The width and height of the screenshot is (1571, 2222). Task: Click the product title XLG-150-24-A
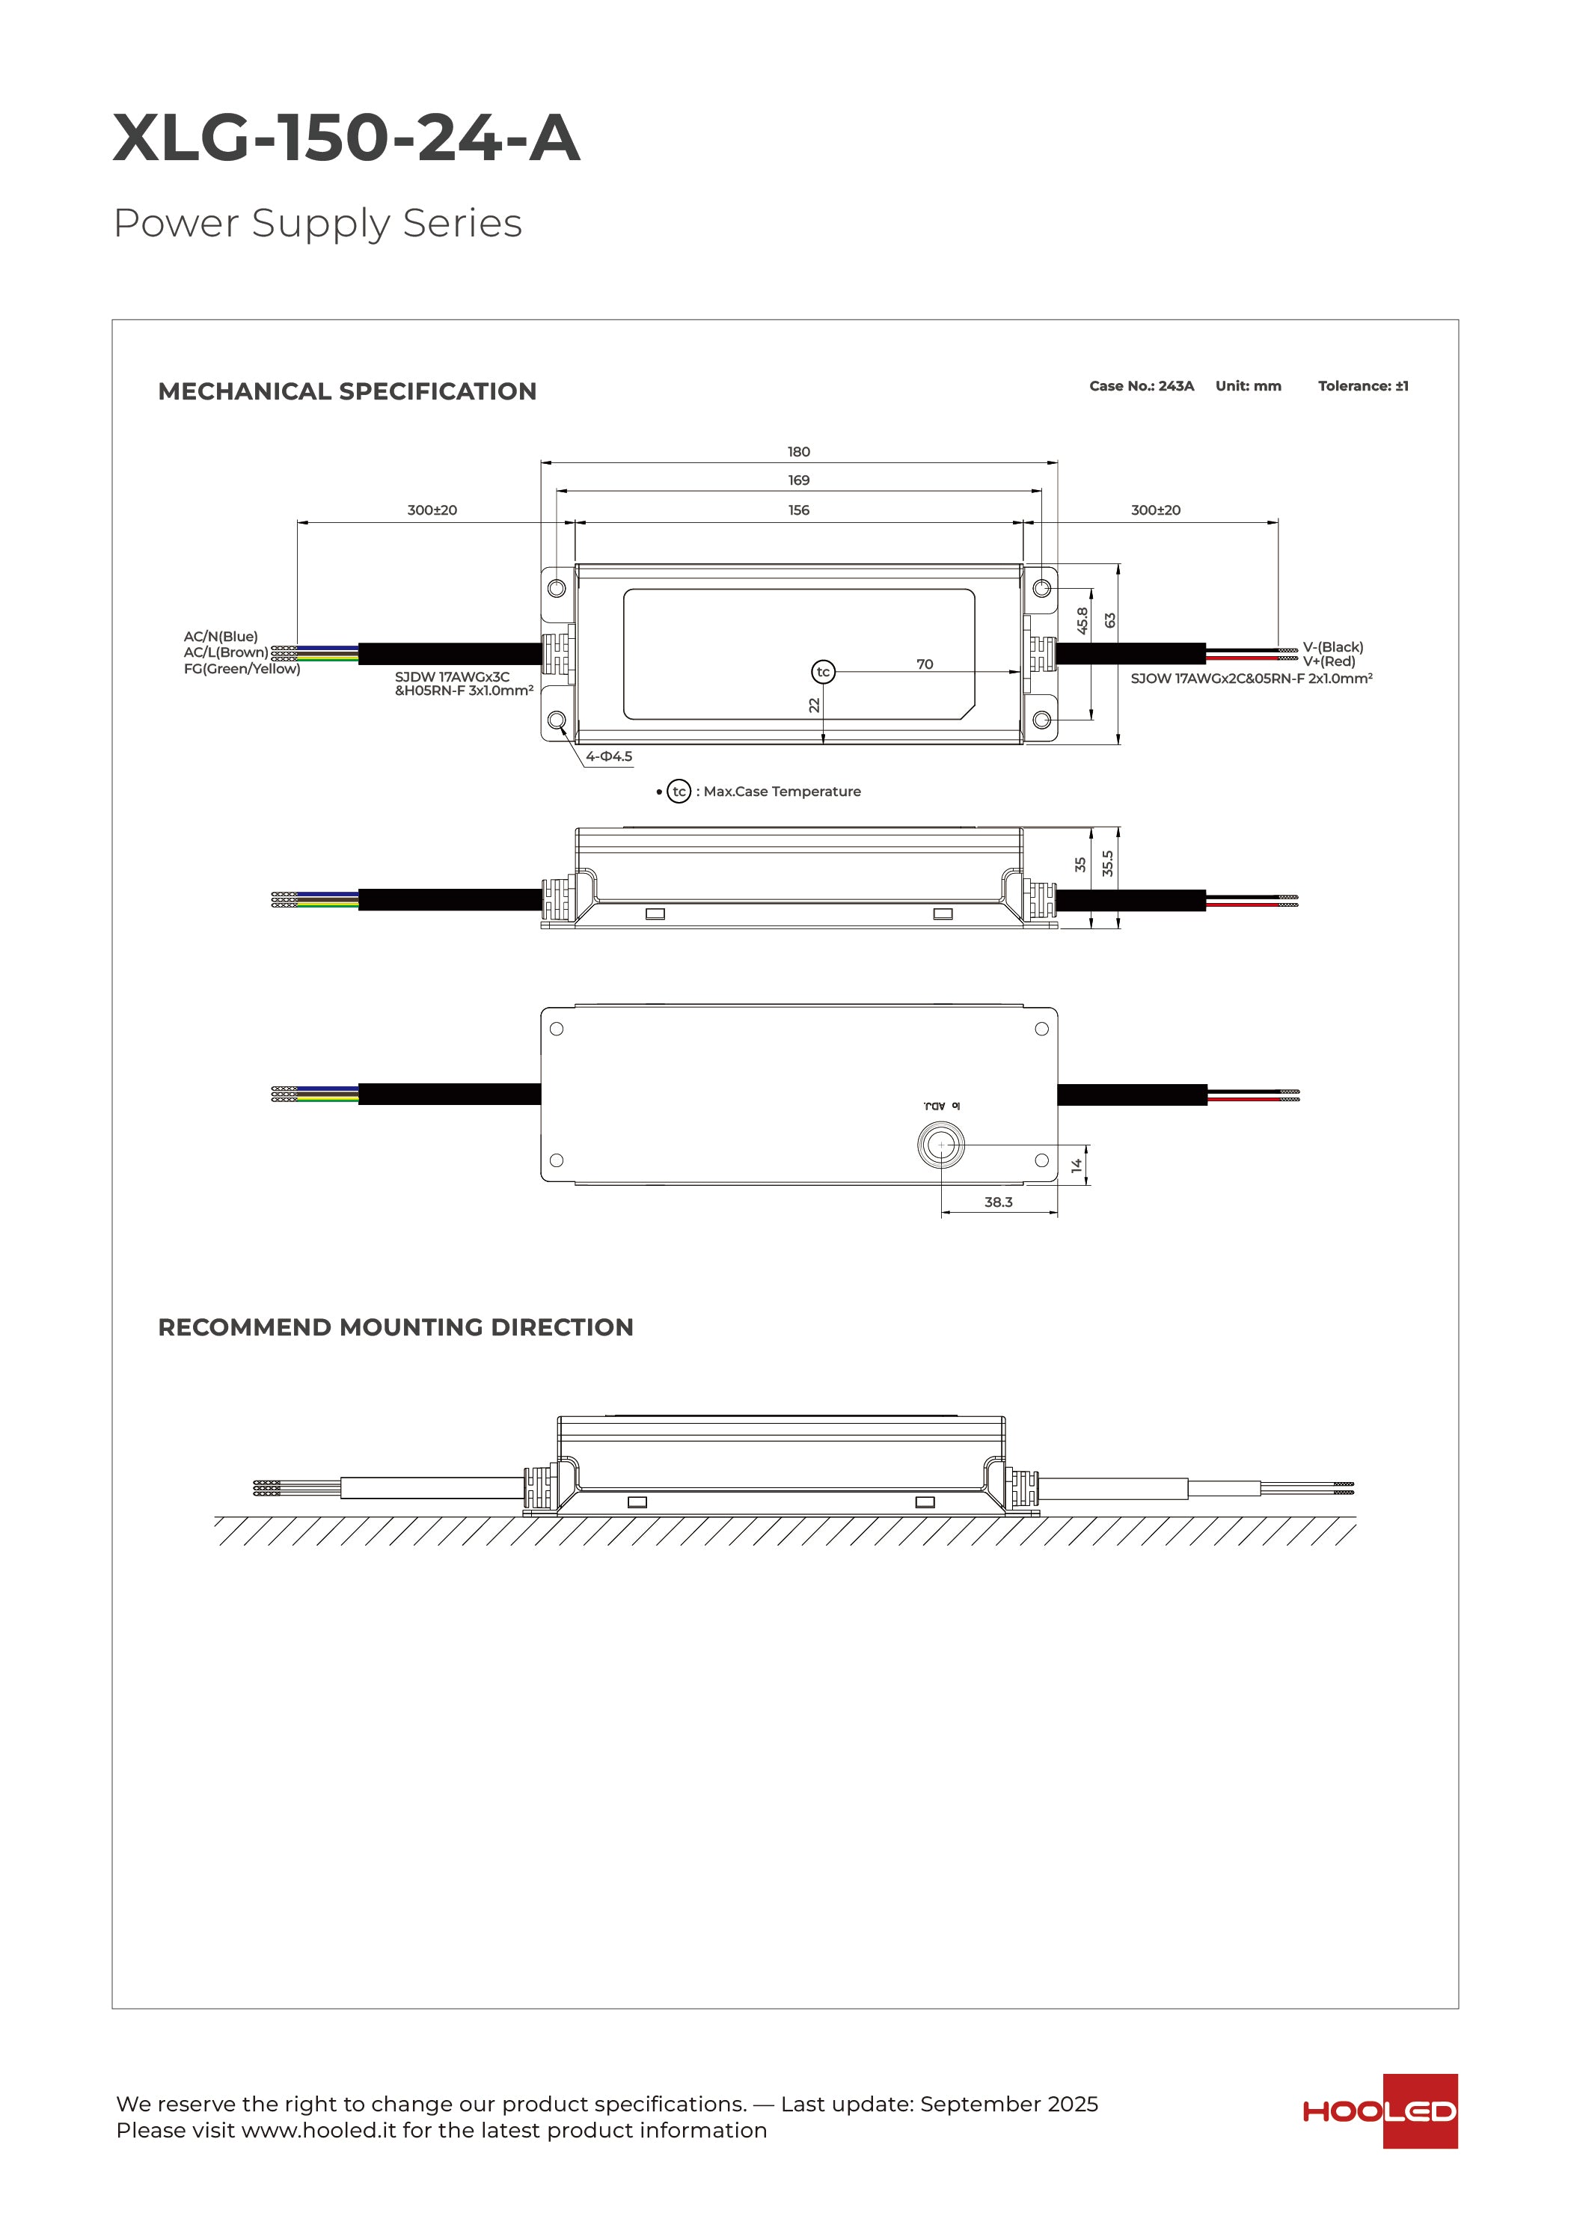[346, 138]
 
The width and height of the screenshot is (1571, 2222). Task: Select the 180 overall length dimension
[798, 452]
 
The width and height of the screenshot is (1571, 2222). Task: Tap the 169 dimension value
[798, 480]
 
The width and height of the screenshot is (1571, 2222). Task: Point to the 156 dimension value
[798, 510]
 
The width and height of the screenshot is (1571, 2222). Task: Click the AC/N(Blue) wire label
[221, 637]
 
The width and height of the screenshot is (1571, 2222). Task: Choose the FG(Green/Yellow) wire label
[242, 669]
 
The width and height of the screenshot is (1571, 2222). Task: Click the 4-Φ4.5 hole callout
[609, 757]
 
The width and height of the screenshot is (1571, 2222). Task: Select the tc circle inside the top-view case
[823, 672]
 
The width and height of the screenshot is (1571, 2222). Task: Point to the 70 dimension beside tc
[925, 664]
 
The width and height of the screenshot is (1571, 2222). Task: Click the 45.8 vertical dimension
[1082, 620]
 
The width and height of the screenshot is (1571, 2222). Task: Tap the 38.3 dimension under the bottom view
[998, 1202]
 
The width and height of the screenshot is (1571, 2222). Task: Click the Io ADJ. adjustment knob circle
[941, 1145]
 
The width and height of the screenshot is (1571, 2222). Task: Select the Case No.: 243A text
[1142, 386]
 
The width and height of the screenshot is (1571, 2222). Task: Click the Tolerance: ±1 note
[1363, 386]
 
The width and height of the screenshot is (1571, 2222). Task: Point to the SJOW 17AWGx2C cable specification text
[1251, 679]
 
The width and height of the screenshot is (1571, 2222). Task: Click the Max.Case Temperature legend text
[781, 792]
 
